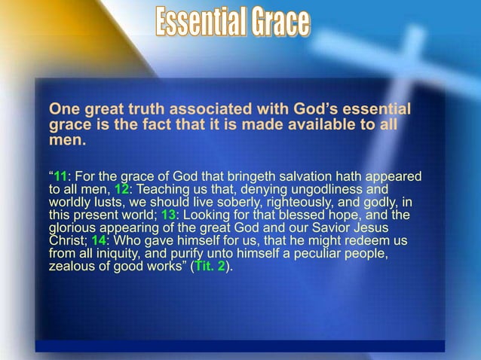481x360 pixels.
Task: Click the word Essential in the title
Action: click(201, 22)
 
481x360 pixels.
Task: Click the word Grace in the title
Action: click(280, 22)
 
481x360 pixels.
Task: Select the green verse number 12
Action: click(121, 190)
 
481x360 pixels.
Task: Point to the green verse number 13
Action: click(168, 215)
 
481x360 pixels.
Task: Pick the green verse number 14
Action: click(99, 241)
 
